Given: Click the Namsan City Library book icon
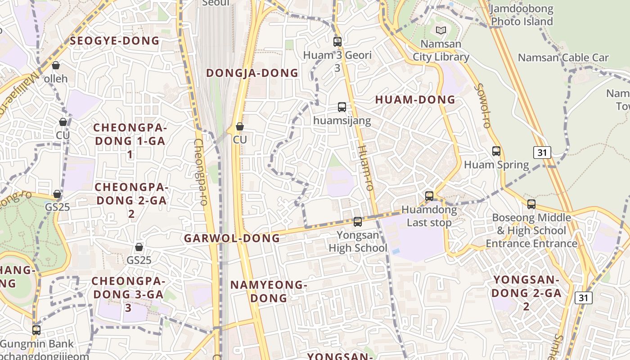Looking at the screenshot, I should pos(441,31).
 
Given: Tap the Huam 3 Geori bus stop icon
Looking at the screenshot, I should pos(337,42).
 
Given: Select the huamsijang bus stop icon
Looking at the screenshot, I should pos(342,107).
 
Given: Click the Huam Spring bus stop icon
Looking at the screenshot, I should pos(496,151).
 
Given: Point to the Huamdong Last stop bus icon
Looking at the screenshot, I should pos(429,196).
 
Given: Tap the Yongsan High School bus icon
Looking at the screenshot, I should pos(358,222).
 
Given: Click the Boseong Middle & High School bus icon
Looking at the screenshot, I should pos(531,204).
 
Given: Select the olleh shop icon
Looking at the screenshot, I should pos(56,66).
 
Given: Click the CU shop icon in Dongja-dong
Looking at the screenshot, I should pos(240,126).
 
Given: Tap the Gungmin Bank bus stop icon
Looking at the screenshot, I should pos(36,330).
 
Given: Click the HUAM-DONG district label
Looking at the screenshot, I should pos(415,100).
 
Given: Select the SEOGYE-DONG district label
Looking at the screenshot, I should pos(115,41).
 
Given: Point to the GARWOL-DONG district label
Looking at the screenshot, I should pos(232,238).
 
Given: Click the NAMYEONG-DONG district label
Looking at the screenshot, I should pos(269,291).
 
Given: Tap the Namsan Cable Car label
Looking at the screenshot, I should pos(563,58).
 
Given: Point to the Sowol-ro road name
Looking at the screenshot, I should pos(481,105).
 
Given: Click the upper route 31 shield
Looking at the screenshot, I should pos(542,153).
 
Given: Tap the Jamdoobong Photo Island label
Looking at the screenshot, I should pos(522,15).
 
